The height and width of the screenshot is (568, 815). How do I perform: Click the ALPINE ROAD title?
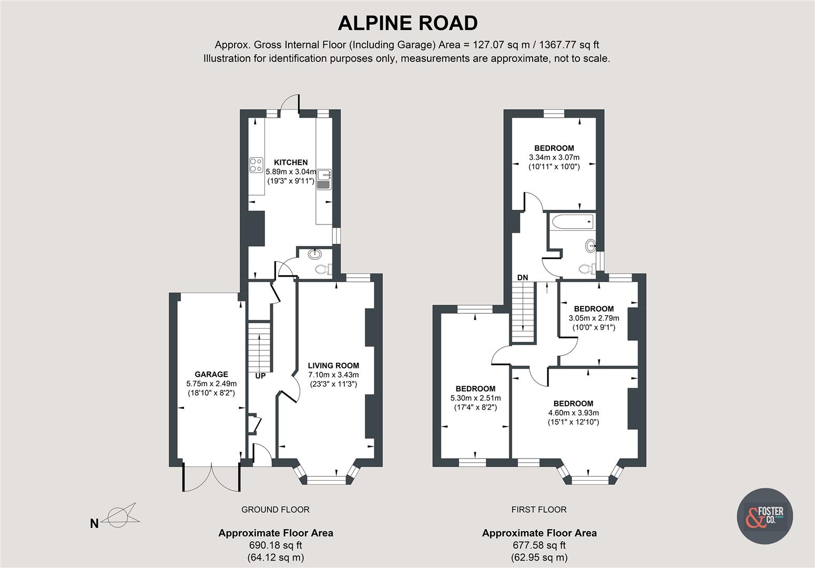(407, 23)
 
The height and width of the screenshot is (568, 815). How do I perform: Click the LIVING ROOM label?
(333, 366)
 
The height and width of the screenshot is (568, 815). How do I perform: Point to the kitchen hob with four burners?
(256, 165)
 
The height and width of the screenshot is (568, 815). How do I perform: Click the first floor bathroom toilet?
(585, 269)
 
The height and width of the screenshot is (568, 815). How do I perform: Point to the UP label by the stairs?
(261, 376)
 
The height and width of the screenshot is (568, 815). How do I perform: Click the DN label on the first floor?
(522, 277)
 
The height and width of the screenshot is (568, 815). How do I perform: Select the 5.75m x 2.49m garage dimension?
(211, 383)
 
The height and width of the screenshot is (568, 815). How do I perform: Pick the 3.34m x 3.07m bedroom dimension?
(554, 157)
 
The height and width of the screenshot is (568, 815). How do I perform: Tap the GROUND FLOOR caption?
(275, 509)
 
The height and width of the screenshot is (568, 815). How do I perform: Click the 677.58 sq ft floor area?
(539, 545)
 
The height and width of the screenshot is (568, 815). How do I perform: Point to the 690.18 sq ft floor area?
(276, 545)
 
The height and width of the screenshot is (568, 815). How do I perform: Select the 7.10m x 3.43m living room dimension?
(333, 375)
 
